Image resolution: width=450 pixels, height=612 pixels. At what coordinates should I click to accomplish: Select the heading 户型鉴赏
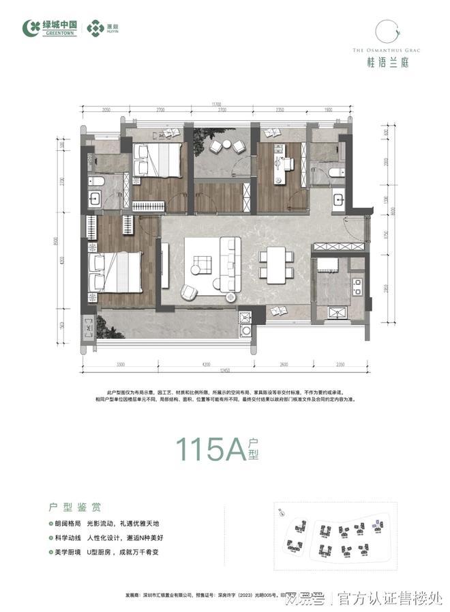click(x=76, y=507)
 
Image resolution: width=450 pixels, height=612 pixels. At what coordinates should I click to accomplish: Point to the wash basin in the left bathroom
click(x=95, y=199)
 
